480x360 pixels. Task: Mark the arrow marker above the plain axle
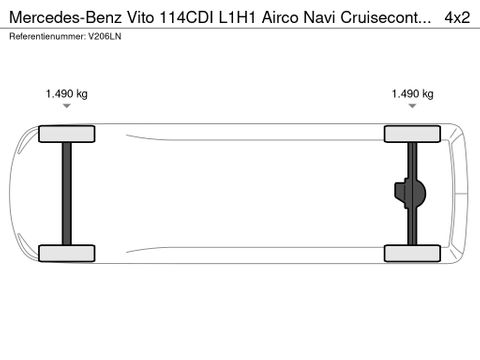point(67,105)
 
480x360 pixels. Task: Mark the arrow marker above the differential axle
point(413,105)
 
